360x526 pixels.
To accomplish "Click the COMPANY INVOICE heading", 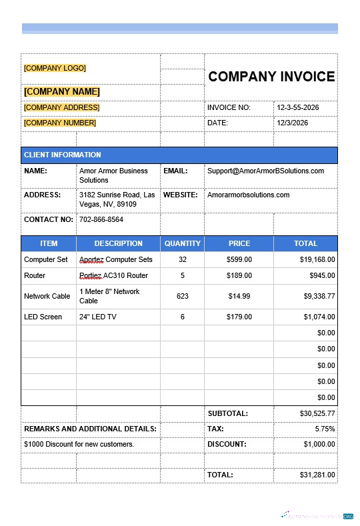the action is pos(271,77).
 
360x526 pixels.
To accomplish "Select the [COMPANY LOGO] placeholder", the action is pos(55,68).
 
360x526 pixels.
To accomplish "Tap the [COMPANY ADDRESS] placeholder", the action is pos(61,107).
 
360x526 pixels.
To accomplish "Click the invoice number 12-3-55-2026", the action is pos(298,107).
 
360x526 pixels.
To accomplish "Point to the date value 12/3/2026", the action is pos(293,123).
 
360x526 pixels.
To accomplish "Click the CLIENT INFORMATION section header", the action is pos(63,155).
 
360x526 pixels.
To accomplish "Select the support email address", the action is pos(265,171).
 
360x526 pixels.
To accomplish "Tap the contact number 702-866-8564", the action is pos(101,219).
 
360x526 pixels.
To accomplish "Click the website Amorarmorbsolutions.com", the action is pos(248,195).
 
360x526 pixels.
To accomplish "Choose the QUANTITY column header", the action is pos(182,243).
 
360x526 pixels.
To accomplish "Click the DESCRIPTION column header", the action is pos(118,243).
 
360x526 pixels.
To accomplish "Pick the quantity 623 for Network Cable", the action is pos(182,296).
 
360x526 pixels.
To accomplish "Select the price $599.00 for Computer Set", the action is pos(239,259).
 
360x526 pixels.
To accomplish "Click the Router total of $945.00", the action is pos(322,275).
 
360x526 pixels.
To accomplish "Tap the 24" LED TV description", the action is pos(97,317).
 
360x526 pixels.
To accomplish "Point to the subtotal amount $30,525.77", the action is pos(317,413).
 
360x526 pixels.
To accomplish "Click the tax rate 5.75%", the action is pos(325,429).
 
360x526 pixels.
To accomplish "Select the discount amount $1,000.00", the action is pos(319,444).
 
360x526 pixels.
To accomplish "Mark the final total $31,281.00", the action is pos(317,475).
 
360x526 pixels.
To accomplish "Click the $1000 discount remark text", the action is pos(79,444).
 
